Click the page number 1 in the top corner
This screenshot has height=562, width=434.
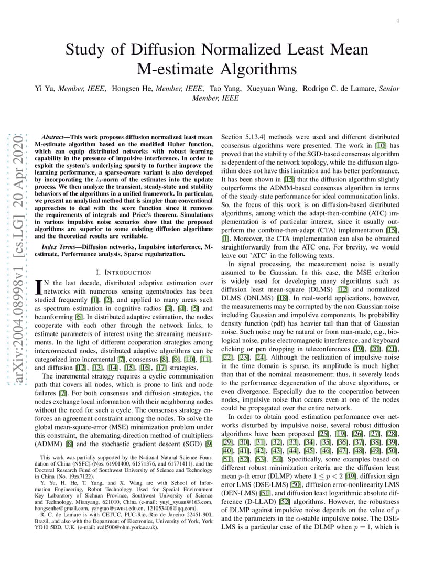click(x=399, y=21)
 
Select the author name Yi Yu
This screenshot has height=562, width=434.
click(x=44, y=89)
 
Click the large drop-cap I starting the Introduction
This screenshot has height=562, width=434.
click(x=38, y=286)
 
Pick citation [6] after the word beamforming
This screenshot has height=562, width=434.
click(x=78, y=317)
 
